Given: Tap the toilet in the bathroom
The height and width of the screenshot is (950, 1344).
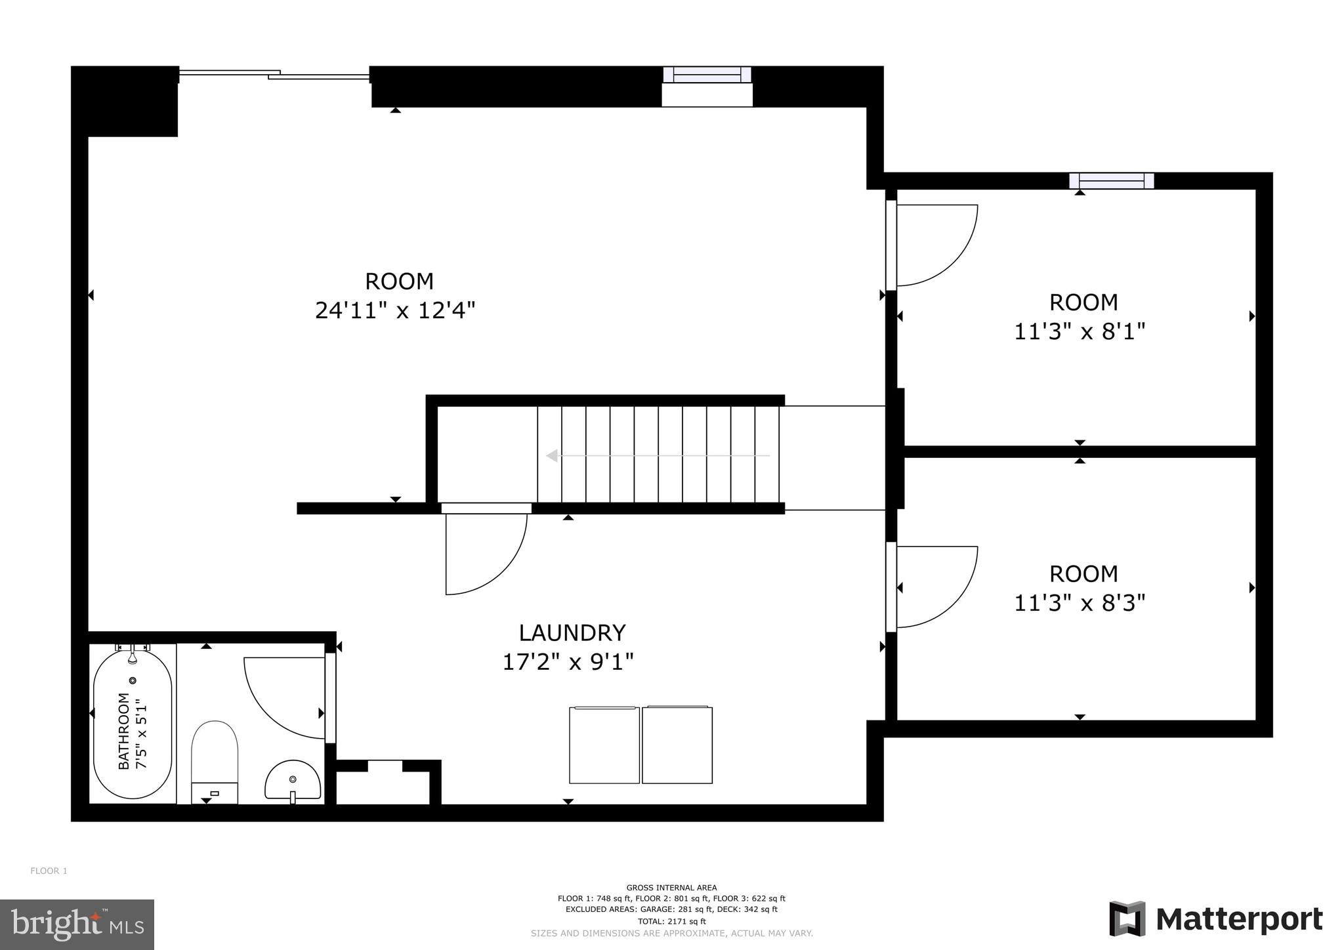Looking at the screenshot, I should click(x=214, y=761).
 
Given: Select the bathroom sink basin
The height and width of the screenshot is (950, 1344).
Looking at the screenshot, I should click(x=293, y=780).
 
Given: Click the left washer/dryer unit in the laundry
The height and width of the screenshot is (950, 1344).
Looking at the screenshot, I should click(x=604, y=745).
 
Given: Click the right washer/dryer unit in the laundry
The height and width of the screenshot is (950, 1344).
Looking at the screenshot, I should click(x=677, y=745).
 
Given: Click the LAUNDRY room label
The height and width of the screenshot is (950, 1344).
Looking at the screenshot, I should click(x=572, y=632).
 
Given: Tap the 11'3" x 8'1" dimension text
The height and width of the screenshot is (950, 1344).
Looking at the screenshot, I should click(x=1080, y=331).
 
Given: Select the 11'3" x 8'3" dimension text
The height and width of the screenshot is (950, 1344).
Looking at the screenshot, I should click(x=1080, y=602).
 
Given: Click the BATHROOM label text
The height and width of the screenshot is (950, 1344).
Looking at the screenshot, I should click(x=123, y=731).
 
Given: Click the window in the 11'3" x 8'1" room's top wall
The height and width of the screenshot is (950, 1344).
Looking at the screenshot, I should click(x=1111, y=180).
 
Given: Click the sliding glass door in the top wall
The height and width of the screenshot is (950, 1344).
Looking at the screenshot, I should click(x=274, y=75).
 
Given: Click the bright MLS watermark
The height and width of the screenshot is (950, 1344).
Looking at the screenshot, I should click(x=77, y=924).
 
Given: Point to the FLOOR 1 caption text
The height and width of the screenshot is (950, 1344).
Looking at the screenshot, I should click(x=49, y=871).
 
